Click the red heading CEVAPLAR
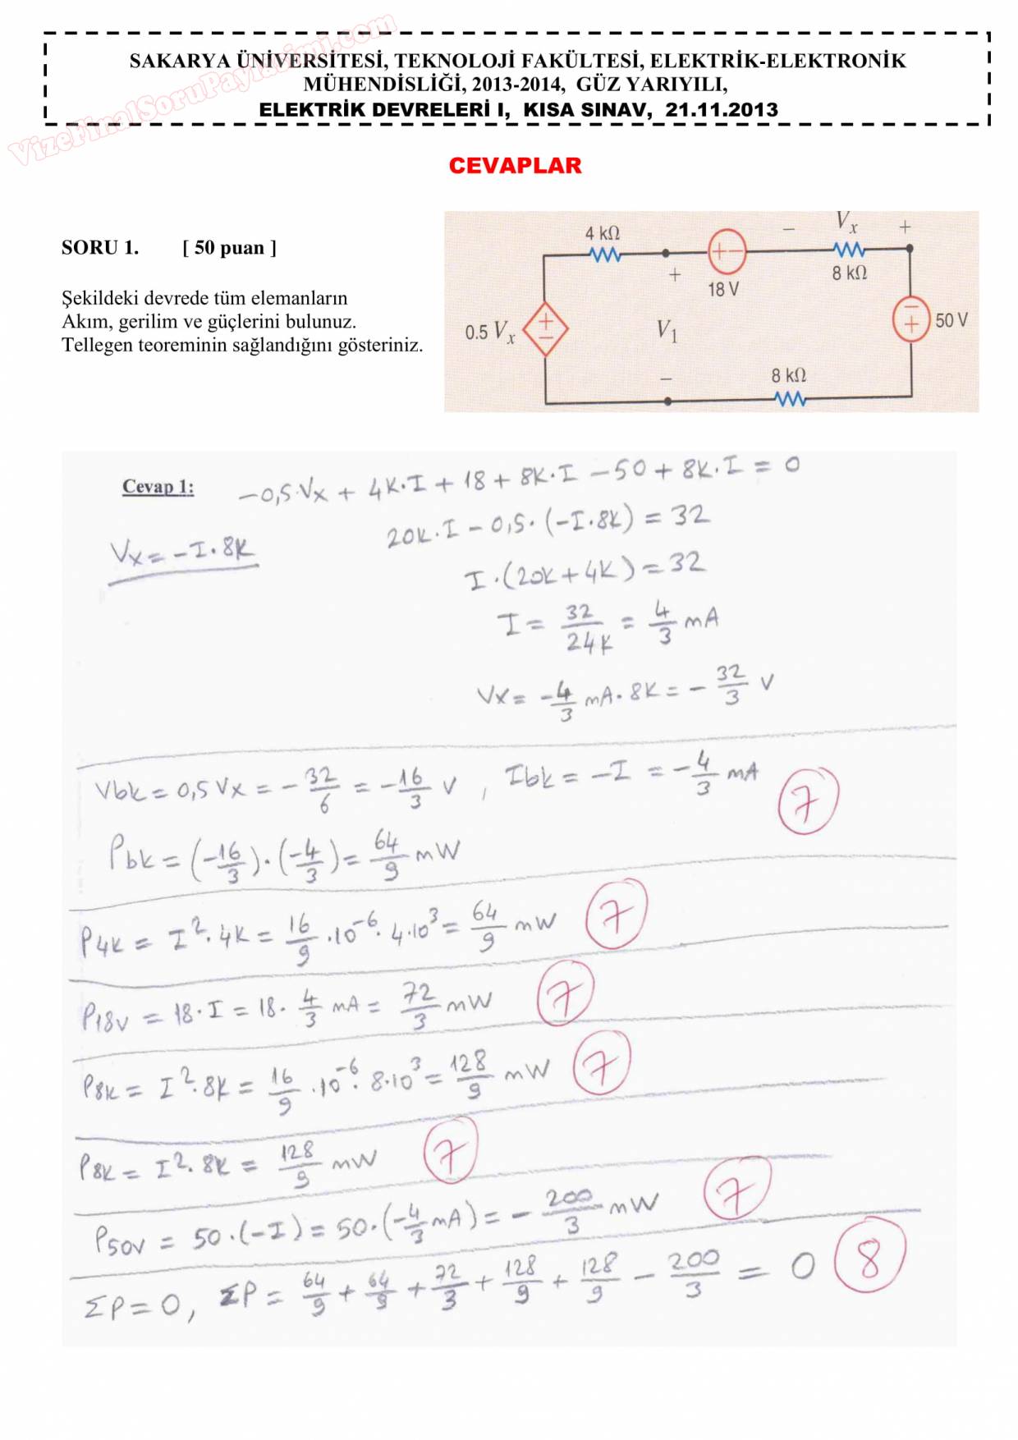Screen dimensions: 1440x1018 [x=515, y=166]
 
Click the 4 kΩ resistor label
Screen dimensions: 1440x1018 [x=602, y=234]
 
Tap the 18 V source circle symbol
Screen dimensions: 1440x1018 [x=727, y=252]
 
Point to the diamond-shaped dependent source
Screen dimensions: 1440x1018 [x=545, y=328]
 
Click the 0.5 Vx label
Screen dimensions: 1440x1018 [x=489, y=332]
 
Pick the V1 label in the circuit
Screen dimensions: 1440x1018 [x=667, y=331]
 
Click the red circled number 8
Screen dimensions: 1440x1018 [x=869, y=1258]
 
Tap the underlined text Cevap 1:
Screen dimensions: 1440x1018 [x=158, y=487]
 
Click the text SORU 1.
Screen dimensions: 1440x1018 [x=100, y=248]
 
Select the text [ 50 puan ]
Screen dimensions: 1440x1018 [x=229, y=248]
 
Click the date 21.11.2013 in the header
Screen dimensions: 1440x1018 [x=722, y=110]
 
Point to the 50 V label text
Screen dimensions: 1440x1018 [x=952, y=320]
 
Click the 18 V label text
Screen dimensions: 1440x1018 [x=723, y=289]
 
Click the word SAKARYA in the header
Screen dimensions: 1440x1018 [x=180, y=61]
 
